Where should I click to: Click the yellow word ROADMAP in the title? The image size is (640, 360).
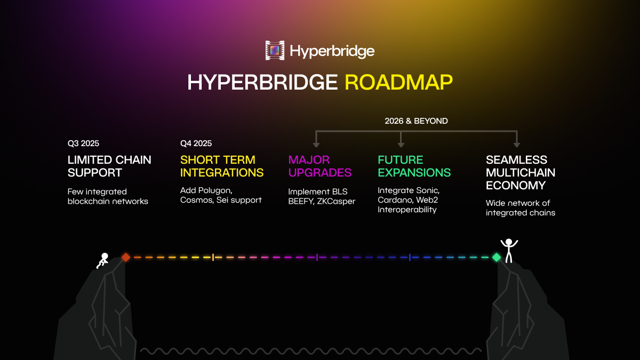click(399, 82)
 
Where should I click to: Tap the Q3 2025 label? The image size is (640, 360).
click(83, 143)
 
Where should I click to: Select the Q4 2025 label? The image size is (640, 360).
click(196, 143)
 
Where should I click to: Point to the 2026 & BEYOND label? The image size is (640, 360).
click(416, 121)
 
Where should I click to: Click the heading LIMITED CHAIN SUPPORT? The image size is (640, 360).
click(109, 166)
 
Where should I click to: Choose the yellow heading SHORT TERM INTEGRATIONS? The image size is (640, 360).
click(222, 166)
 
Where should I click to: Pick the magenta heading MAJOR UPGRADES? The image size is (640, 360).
click(319, 166)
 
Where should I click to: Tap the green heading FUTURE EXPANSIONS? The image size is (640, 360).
click(414, 166)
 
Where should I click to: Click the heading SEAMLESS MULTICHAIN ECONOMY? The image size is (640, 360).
click(520, 172)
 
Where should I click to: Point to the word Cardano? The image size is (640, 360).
click(395, 199)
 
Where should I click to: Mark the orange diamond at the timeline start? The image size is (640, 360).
click(126, 257)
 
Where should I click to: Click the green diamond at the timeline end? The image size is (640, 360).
click(496, 257)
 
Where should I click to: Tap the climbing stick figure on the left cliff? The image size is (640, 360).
click(102, 260)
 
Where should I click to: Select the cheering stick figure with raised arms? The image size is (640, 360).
click(509, 250)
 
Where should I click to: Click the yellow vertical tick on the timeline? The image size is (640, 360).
click(213, 257)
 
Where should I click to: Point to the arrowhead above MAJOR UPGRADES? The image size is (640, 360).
click(316, 144)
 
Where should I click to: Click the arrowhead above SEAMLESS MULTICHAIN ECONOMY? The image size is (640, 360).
click(516, 144)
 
